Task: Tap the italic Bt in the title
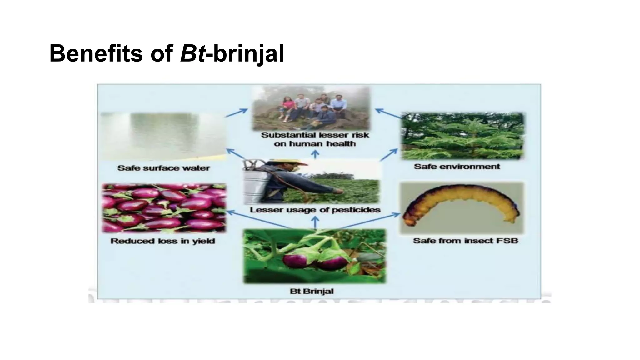click(x=192, y=53)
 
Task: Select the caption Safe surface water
click(x=163, y=168)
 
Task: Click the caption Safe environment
click(x=457, y=167)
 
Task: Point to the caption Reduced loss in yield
click(x=163, y=241)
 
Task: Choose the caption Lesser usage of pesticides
click(x=315, y=210)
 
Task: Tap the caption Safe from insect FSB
click(x=466, y=241)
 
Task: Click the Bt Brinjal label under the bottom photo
click(x=312, y=291)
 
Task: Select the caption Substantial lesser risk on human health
click(x=315, y=139)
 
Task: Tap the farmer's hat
click(x=289, y=162)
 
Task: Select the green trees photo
click(x=463, y=136)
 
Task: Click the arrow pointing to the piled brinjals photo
click(x=259, y=220)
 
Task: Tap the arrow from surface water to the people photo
click(x=236, y=113)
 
